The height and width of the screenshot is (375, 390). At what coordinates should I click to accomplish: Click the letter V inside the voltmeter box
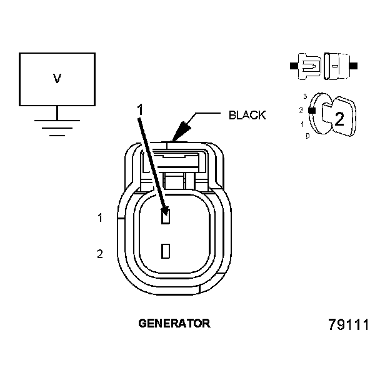point(57,79)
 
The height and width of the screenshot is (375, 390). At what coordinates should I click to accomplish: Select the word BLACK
point(247,115)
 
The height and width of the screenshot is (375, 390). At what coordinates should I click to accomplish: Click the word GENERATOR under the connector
point(174,324)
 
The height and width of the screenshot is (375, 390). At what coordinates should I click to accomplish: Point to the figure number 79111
point(349,326)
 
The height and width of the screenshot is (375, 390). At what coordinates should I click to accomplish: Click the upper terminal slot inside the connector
point(166,217)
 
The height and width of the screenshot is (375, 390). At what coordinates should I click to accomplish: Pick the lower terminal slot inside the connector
point(166,251)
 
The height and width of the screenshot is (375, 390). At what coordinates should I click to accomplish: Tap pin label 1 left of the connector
point(99,218)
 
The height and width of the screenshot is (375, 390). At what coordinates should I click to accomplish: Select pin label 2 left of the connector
point(99,253)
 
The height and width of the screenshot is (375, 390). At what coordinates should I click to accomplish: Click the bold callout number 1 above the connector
point(140,109)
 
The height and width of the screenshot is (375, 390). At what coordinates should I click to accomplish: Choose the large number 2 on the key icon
point(339,119)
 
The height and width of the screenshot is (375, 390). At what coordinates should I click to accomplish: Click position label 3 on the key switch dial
point(304,96)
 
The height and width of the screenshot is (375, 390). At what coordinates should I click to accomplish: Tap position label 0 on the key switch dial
point(307,135)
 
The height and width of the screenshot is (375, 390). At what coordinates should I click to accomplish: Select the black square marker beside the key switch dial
point(311,110)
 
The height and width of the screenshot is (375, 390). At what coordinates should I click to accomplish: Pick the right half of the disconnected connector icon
point(337,64)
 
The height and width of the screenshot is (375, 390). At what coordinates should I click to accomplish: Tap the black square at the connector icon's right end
point(353,65)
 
